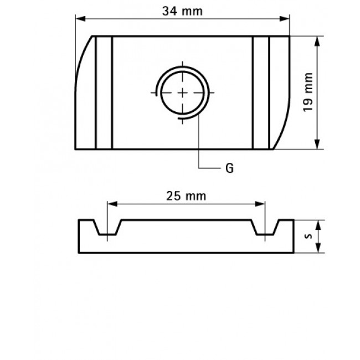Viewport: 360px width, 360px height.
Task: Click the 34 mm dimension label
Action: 182,11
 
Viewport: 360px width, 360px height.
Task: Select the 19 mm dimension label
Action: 308,92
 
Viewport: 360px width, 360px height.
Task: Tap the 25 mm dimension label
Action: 186,196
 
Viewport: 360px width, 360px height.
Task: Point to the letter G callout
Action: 229,168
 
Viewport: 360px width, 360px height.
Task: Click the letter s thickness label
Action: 308,235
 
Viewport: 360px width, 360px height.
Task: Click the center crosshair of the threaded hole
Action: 182,93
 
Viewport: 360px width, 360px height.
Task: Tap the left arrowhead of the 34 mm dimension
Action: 80,19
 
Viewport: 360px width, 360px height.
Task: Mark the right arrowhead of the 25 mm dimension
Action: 261,204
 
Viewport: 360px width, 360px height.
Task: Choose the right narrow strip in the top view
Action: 261,93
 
